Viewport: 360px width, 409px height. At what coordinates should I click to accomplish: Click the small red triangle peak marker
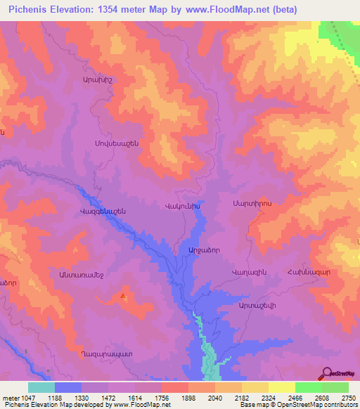124,296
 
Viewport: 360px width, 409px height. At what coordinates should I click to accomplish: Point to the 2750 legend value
347,398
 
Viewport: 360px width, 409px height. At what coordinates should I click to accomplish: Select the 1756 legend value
162,398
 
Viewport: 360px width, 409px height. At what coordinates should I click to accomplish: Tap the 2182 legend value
242,398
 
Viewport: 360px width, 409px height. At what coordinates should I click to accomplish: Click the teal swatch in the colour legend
41,387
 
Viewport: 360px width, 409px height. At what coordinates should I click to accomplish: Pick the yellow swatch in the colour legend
281,387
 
